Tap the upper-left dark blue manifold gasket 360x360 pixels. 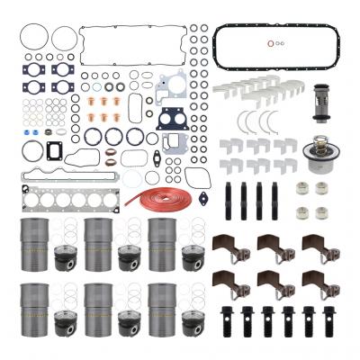click(37, 68)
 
